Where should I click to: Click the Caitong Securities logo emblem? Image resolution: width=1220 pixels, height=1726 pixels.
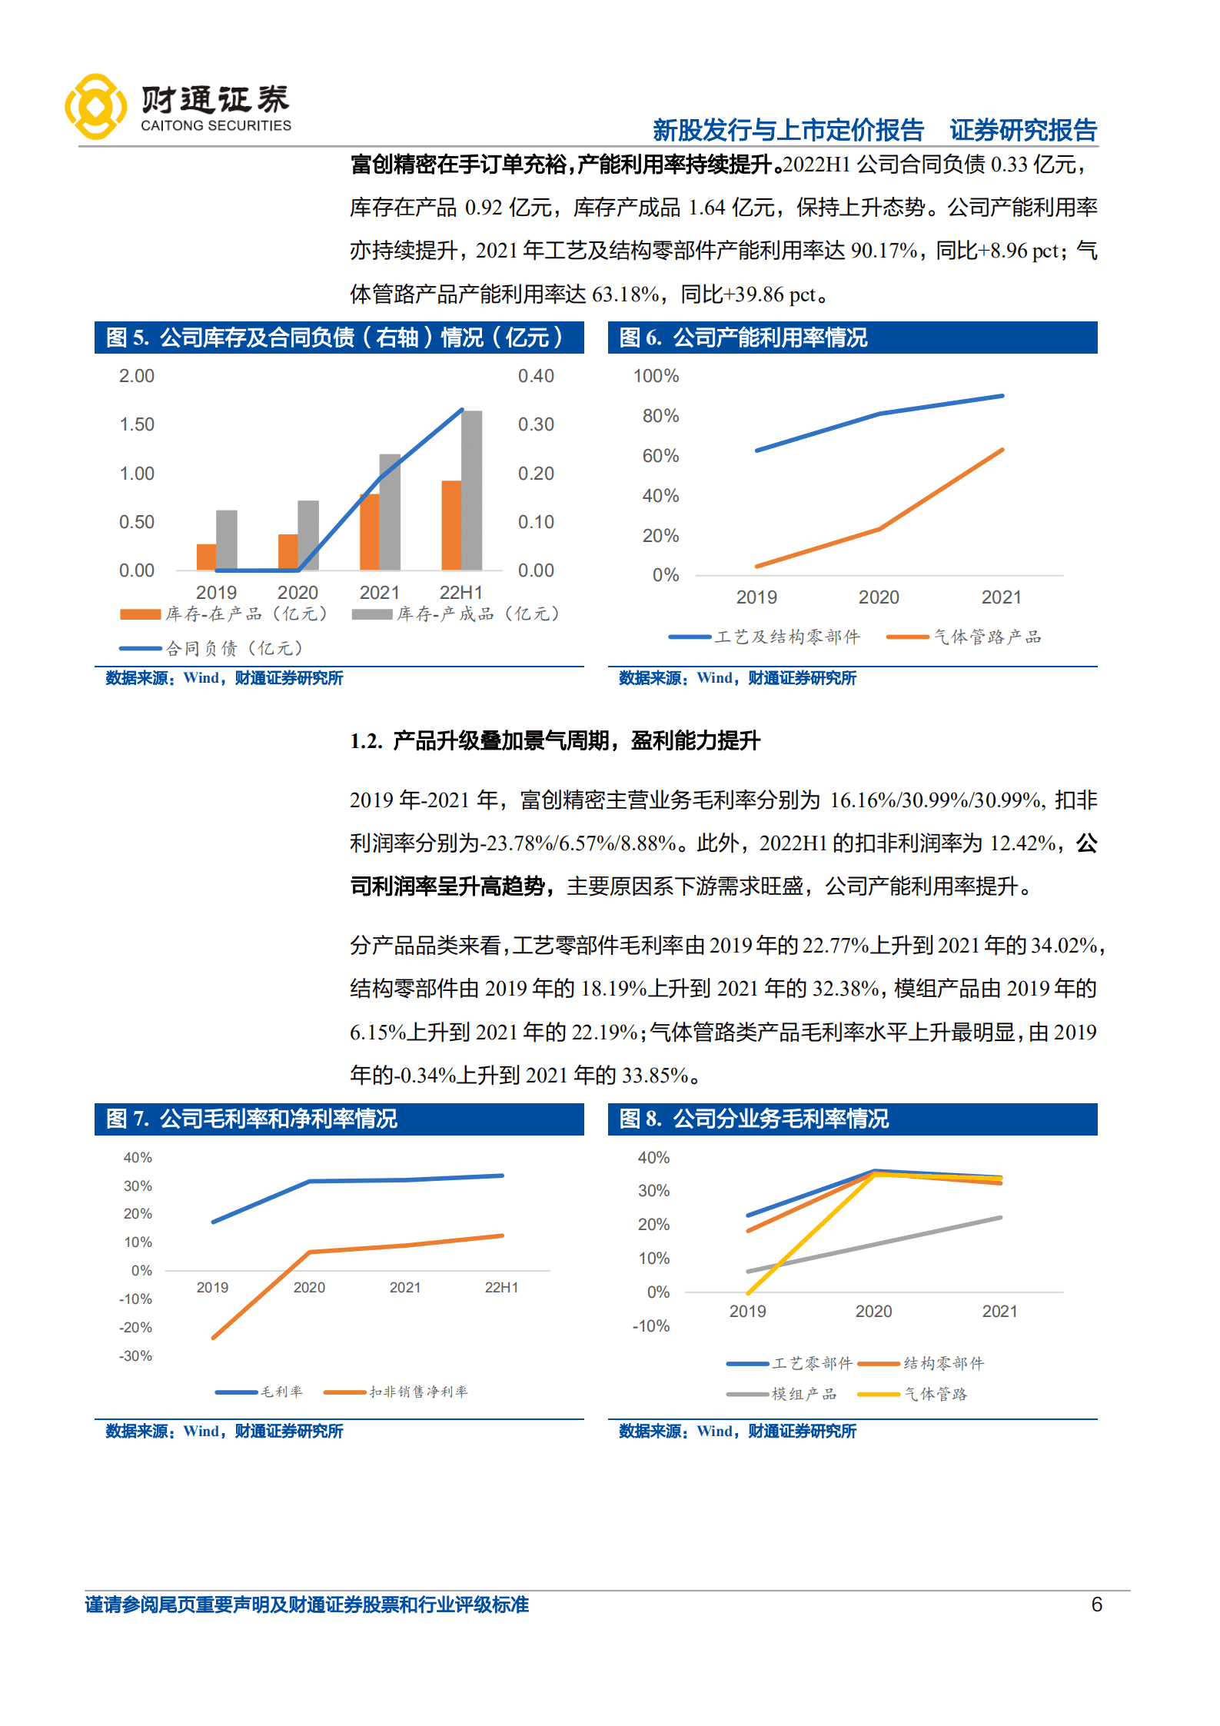tap(95, 106)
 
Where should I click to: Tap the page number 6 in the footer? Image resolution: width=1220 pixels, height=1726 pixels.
tap(1096, 1604)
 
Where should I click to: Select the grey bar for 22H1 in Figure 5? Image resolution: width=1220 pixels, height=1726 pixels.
tap(471, 491)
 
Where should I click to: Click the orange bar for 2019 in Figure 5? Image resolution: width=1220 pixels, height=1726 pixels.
tap(206, 557)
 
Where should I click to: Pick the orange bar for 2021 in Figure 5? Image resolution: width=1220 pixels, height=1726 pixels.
tap(369, 531)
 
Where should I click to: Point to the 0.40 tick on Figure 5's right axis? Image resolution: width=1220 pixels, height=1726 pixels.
tap(535, 376)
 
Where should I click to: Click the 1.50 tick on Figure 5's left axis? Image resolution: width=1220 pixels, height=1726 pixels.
tap(137, 424)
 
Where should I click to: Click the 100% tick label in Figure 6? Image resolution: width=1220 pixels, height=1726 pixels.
tap(655, 376)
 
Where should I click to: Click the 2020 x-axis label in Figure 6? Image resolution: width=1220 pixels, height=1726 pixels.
tap(878, 597)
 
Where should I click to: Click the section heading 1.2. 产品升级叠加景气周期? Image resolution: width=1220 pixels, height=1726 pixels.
tap(554, 740)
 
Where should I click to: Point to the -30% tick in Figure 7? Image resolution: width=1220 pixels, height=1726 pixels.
tap(135, 1355)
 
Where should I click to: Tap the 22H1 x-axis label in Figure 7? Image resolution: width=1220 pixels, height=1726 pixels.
tap(501, 1287)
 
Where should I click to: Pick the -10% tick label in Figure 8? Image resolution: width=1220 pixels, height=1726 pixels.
tap(650, 1325)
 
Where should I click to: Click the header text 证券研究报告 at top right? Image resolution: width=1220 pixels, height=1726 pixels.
tap(1022, 130)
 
